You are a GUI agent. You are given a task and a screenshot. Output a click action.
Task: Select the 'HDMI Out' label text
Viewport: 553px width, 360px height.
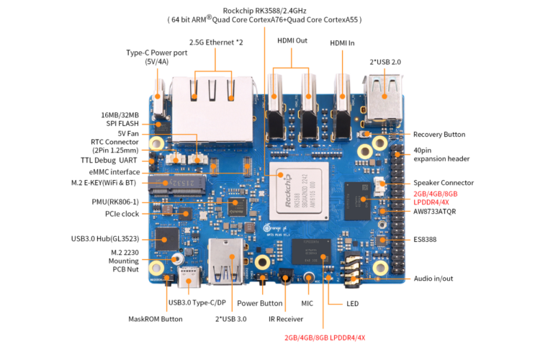[x=292, y=41]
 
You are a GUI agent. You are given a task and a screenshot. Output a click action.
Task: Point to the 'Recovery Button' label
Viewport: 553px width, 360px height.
[x=439, y=135]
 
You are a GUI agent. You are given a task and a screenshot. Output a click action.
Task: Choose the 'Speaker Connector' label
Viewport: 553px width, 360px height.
[x=444, y=183]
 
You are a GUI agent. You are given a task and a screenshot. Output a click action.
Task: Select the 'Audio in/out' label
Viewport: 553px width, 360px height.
[x=438, y=279]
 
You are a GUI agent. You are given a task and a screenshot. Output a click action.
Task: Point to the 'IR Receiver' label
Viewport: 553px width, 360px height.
[x=286, y=318]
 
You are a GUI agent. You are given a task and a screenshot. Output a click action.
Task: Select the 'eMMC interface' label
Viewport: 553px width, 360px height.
[x=115, y=172]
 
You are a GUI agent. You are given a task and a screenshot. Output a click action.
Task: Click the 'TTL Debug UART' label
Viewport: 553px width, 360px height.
[x=109, y=160]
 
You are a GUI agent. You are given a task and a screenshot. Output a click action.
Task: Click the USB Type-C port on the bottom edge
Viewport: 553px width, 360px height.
[x=189, y=278]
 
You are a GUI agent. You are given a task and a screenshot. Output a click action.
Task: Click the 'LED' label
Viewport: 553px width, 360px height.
[x=352, y=304]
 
